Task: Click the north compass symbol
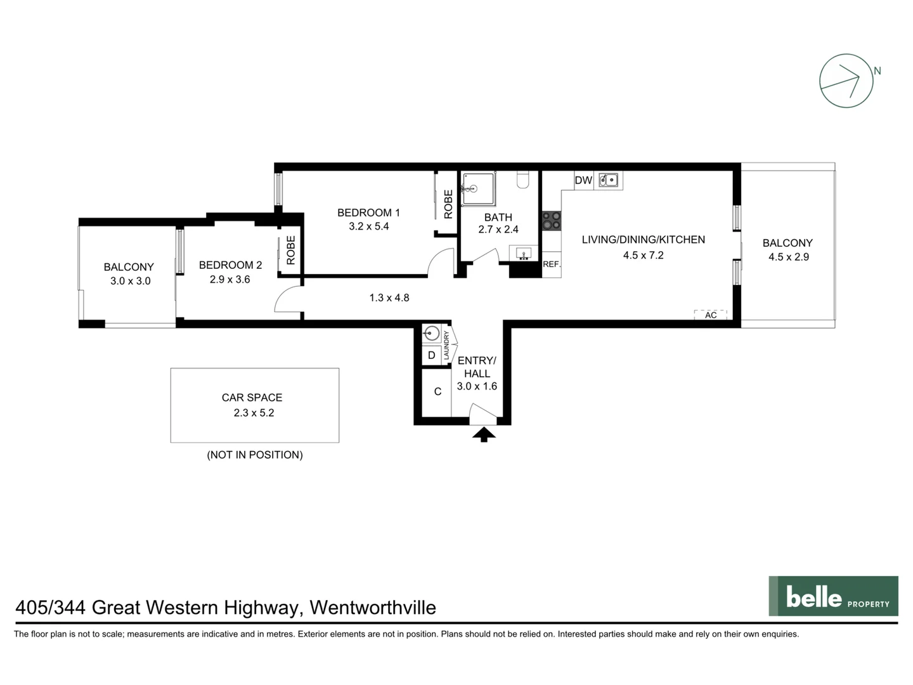tap(846, 81)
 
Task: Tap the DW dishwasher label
tap(583, 180)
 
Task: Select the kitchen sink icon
tap(609, 180)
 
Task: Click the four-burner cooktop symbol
tap(551, 220)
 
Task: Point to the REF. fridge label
tap(551, 264)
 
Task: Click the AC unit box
tap(710, 315)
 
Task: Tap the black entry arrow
tap(484, 434)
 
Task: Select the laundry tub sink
tap(432, 334)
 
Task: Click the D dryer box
tap(431, 355)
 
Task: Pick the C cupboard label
tap(437, 392)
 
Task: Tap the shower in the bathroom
tap(478, 188)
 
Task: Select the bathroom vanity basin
tap(524, 254)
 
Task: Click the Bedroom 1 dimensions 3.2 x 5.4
tap(368, 226)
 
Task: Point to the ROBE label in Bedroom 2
tap(290, 250)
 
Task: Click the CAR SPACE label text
tap(252, 398)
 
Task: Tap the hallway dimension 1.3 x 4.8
tap(389, 297)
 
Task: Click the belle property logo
tap(833, 596)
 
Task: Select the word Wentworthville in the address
tap(373, 608)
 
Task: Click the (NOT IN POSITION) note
tap(255, 455)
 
